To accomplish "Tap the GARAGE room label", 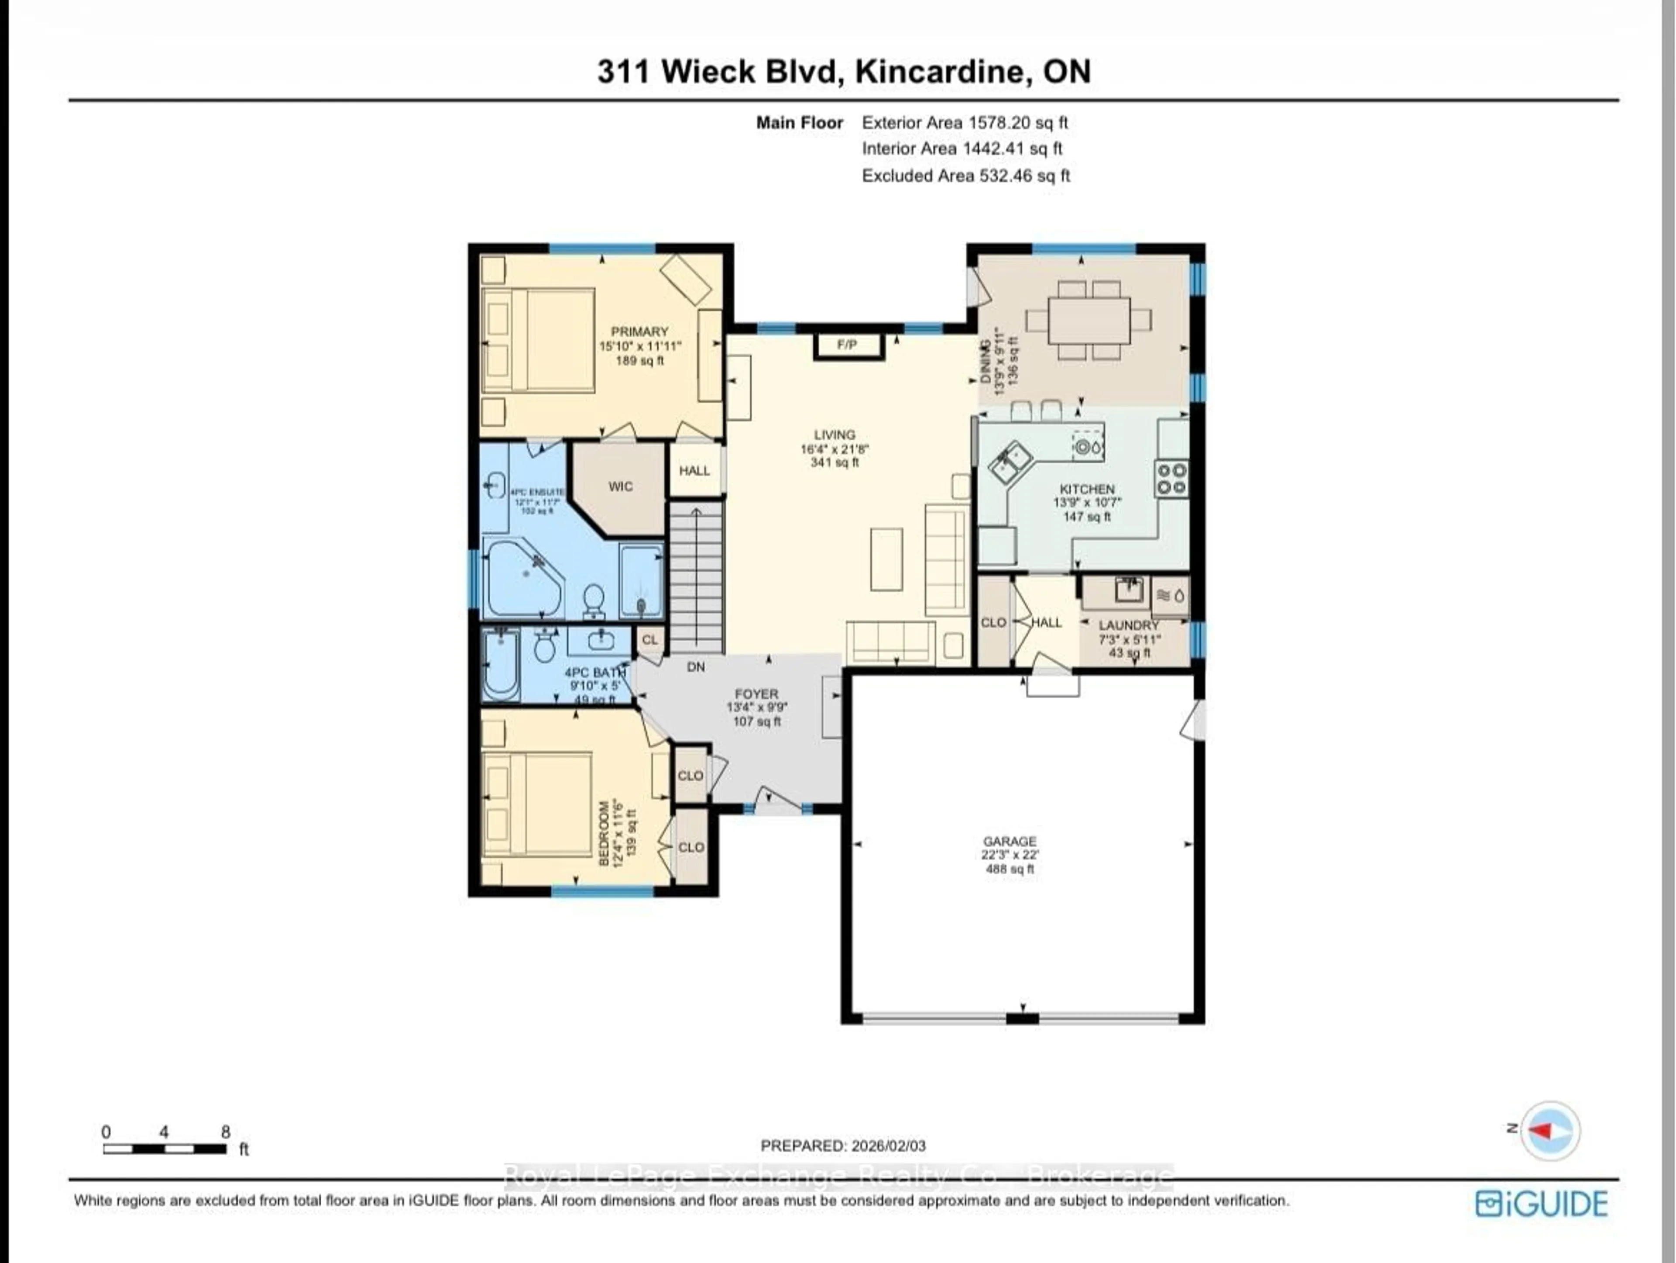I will click(x=1009, y=841).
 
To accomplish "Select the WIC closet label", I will click(x=620, y=487).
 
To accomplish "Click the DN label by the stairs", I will click(x=696, y=667).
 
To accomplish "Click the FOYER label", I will click(x=756, y=694).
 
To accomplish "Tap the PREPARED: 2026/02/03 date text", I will click(x=842, y=1146).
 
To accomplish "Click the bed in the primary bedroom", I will click(x=538, y=340).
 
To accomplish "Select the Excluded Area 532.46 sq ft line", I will click(x=965, y=176).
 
